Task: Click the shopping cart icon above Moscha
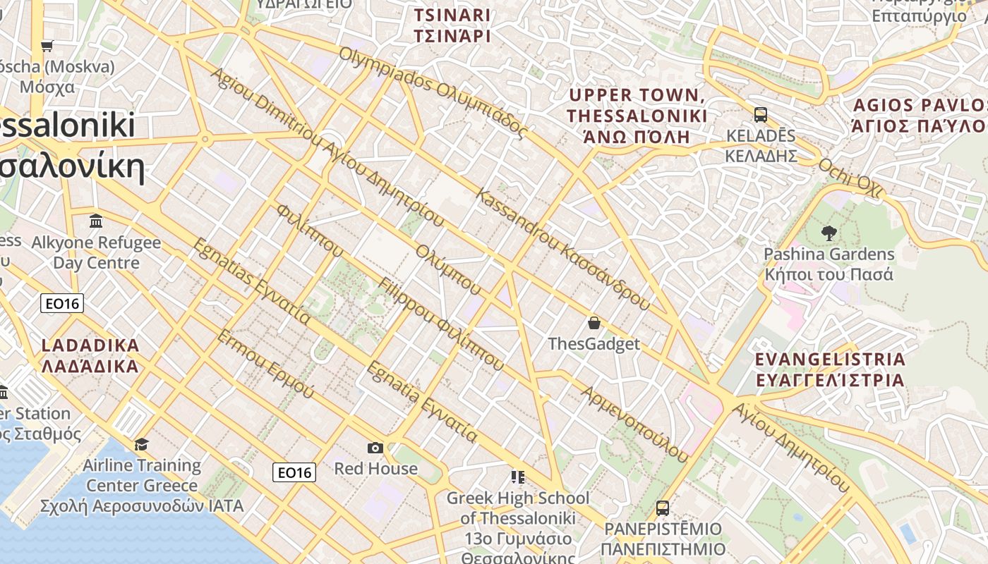pyautogui.click(x=47, y=47)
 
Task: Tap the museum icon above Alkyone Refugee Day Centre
pyautogui.click(x=96, y=221)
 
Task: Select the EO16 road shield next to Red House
pyautogui.click(x=294, y=472)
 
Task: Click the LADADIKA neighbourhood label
pyautogui.click(x=90, y=356)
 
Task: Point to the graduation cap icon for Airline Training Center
pyautogui.click(x=142, y=444)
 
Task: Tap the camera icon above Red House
pyautogui.click(x=375, y=448)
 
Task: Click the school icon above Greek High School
pyautogui.click(x=518, y=477)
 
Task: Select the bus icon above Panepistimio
pyautogui.click(x=662, y=508)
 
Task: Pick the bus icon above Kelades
pyautogui.click(x=761, y=114)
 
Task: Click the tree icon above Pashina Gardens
pyautogui.click(x=829, y=233)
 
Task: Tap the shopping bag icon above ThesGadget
pyautogui.click(x=594, y=323)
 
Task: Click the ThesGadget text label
pyautogui.click(x=594, y=344)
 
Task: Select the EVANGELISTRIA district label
pyautogui.click(x=830, y=369)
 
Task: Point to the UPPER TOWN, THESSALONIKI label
pyautogui.click(x=637, y=116)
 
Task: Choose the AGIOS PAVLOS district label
pyautogui.click(x=920, y=116)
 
